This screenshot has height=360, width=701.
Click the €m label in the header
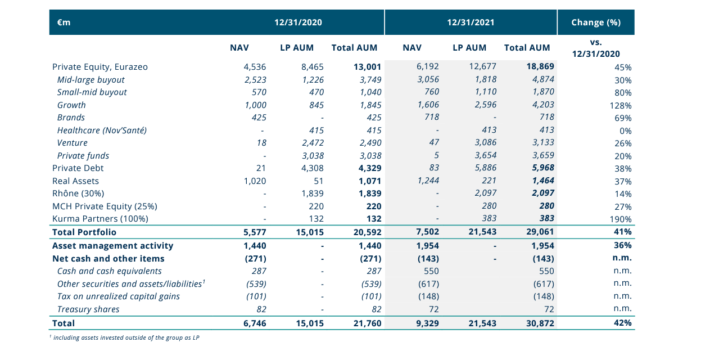[64, 22]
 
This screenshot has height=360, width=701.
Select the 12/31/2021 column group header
[471, 22]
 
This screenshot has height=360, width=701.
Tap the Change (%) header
[596, 22]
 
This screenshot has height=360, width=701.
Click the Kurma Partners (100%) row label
[100, 218]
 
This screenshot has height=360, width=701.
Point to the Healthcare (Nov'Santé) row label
[102, 130]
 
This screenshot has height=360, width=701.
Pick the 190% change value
[621, 219]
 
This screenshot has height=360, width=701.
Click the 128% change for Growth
[621, 106]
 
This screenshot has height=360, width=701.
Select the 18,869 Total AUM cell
[540, 66]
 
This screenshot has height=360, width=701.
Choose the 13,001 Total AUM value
[368, 67]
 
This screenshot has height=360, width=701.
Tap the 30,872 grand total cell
[540, 323]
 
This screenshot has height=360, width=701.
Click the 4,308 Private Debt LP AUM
[313, 168]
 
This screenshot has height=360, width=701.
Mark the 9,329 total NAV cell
[427, 323]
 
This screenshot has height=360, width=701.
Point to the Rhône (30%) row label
[78, 193]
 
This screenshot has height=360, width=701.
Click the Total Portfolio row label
[84, 232]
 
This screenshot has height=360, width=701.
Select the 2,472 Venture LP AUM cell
[313, 143]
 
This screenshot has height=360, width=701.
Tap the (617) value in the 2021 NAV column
[429, 284]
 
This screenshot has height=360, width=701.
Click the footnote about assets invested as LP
[125, 337]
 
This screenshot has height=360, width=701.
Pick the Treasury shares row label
[88, 309]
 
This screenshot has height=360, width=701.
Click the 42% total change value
[622, 323]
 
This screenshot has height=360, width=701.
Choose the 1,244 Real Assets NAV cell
[428, 181]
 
